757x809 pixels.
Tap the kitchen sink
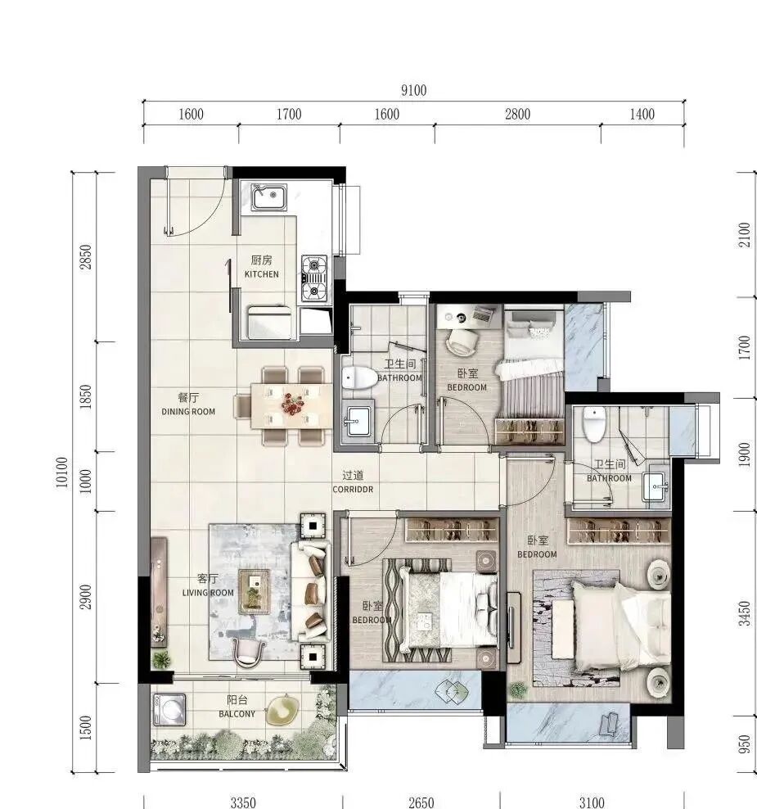[268, 197]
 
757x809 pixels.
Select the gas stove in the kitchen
[314, 278]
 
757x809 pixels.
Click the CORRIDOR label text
[353, 482]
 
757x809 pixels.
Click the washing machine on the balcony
[170, 709]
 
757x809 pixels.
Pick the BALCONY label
[237, 707]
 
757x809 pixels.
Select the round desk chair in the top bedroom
[462, 340]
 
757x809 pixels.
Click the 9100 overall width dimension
[414, 91]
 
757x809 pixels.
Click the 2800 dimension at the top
[517, 115]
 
